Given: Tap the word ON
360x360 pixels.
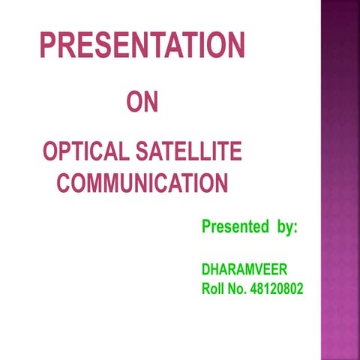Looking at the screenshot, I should point(142,102).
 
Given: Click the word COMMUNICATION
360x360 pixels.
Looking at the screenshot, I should point(142,182).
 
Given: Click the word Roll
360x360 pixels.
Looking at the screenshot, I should point(214,289).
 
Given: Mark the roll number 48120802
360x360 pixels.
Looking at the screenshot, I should point(280,289).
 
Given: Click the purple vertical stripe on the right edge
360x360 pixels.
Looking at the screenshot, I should point(340,180).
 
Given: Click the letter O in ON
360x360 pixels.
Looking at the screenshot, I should point(133,102).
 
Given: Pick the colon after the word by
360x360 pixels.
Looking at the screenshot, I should point(295,227).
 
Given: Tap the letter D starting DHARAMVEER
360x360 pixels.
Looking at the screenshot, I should point(206,269).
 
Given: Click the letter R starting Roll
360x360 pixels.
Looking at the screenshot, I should point(206,289).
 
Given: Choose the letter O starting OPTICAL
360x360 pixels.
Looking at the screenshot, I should point(49,152).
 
